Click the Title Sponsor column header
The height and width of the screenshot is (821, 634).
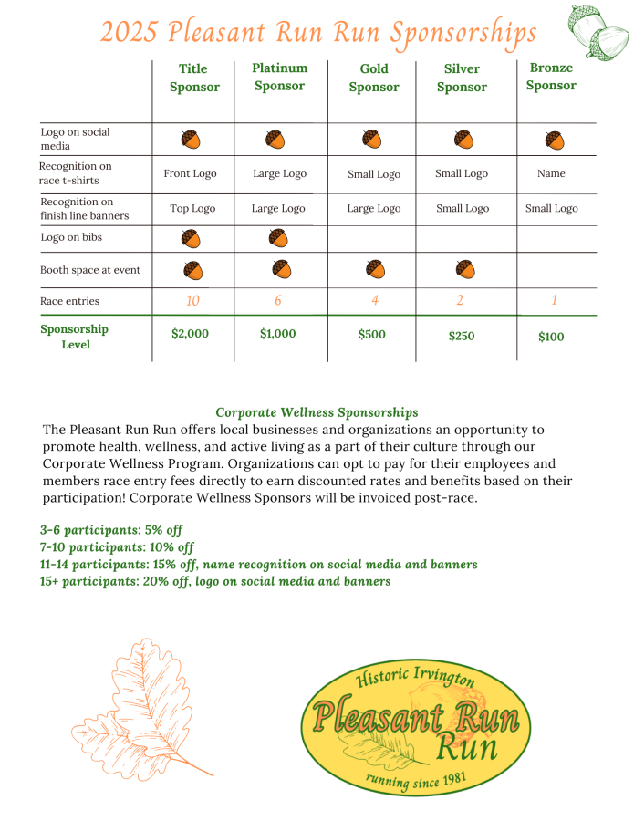[x=193, y=78]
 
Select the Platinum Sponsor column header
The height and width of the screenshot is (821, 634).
[x=279, y=77]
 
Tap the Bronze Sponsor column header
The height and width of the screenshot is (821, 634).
[x=551, y=77]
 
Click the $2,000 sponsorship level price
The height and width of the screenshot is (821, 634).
[x=190, y=334]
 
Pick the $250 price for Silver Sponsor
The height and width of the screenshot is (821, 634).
[x=462, y=337]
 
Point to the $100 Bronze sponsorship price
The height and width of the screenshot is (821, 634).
[x=551, y=337]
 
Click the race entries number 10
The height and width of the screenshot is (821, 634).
[x=192, y=301]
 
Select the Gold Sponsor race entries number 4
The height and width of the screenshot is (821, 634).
[x=374, y=301]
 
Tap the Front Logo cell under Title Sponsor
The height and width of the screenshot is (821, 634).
[x=190, y=173]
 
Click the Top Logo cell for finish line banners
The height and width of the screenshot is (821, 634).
[x=192, y=208]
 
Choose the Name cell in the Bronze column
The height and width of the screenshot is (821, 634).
[x=551, y=173]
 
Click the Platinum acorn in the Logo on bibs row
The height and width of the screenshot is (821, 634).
[x=279, y=238]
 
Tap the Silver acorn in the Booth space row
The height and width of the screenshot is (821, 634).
[x=464, y=269]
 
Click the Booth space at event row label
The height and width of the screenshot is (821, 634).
[x=89, y=270]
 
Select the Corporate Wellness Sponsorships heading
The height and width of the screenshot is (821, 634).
[x=317, y=413]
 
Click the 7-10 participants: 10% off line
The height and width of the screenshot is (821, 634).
[x=117, y=547]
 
